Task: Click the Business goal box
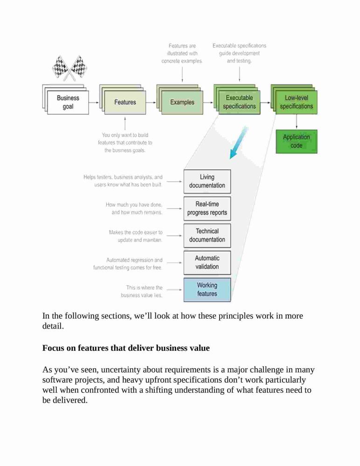tap(68, 102)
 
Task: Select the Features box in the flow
tap(125, 102)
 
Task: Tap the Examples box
tap(182, 102)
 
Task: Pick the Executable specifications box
tap(239, 102)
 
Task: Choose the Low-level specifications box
tap(296, 102)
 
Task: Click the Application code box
tap(296, 142)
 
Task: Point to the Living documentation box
tap(207, 181)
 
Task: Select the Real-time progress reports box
tap(207, 208)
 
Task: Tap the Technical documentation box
tap(207, 235)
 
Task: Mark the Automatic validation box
tap(207, 262)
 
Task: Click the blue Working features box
tap(207, 289)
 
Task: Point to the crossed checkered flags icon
tap(69, 68)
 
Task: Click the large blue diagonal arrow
tap(239, 143)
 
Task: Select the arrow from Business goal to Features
tap(94, 103)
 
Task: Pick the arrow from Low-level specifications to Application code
tap(296, 122)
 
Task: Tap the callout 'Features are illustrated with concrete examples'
tap(182, 53)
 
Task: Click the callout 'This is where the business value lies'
tap(142, 291)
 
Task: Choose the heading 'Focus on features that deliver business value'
tap(126, 348)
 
